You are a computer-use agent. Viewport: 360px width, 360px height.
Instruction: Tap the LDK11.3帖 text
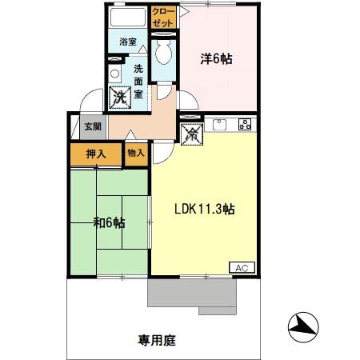[x=205, y=210]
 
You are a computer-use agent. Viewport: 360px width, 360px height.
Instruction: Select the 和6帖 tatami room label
[x=109, y=222]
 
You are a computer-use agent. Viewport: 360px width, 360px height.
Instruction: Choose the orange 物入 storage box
[x=136, y=153]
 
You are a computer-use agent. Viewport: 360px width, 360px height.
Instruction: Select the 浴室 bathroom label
[x=128, y=41]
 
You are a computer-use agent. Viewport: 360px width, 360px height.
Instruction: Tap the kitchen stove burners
[x=244, y=124]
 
